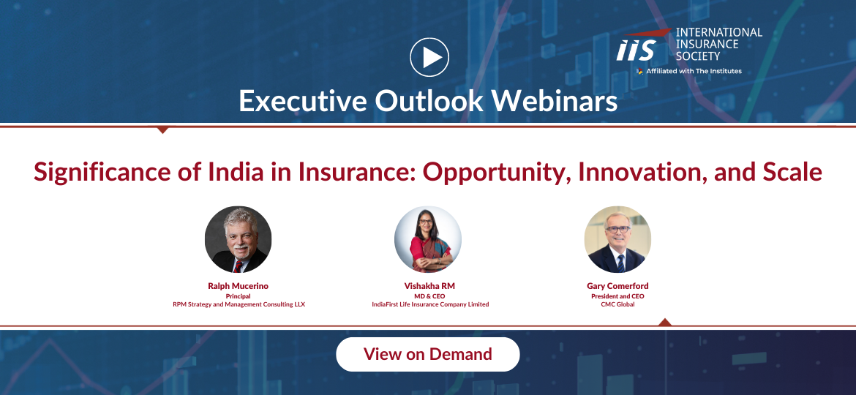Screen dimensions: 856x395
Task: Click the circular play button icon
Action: tap(429, 57)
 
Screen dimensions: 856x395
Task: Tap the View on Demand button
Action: tap(427, 354)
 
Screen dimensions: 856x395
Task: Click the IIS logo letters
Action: tap(637, 50)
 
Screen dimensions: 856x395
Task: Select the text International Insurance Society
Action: tap(719, 44)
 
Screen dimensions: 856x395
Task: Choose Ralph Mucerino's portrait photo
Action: tap(238, 239)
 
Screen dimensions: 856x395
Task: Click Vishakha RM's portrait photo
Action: tap(428, 239)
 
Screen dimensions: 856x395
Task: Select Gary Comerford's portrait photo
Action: tap(617, 239)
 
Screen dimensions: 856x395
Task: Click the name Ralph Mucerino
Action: tap(238, 286)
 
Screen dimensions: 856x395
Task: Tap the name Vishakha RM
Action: tap(429, 286)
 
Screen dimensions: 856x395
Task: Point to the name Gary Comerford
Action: tap(617, 286)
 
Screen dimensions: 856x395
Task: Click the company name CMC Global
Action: tap(617, 304)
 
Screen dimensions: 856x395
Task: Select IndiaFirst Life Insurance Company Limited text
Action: tap(430, 304)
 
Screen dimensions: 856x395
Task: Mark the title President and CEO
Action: tap(617, 296)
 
